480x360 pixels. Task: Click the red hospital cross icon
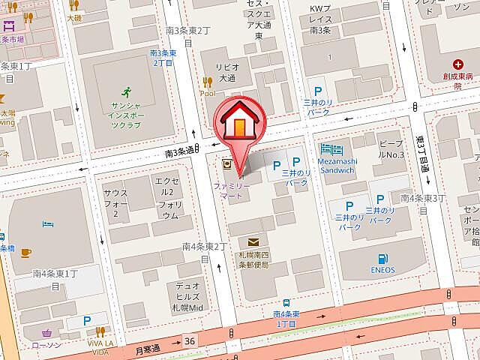click(457, 65)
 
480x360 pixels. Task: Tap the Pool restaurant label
click(208, 93)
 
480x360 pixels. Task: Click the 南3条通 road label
click(179, 152)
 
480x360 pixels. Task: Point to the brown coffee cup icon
click(25, 252)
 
